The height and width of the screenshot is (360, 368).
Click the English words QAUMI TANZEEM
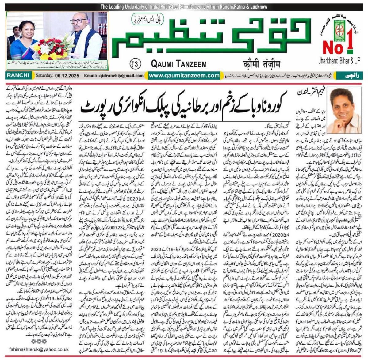click(179, 64)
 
